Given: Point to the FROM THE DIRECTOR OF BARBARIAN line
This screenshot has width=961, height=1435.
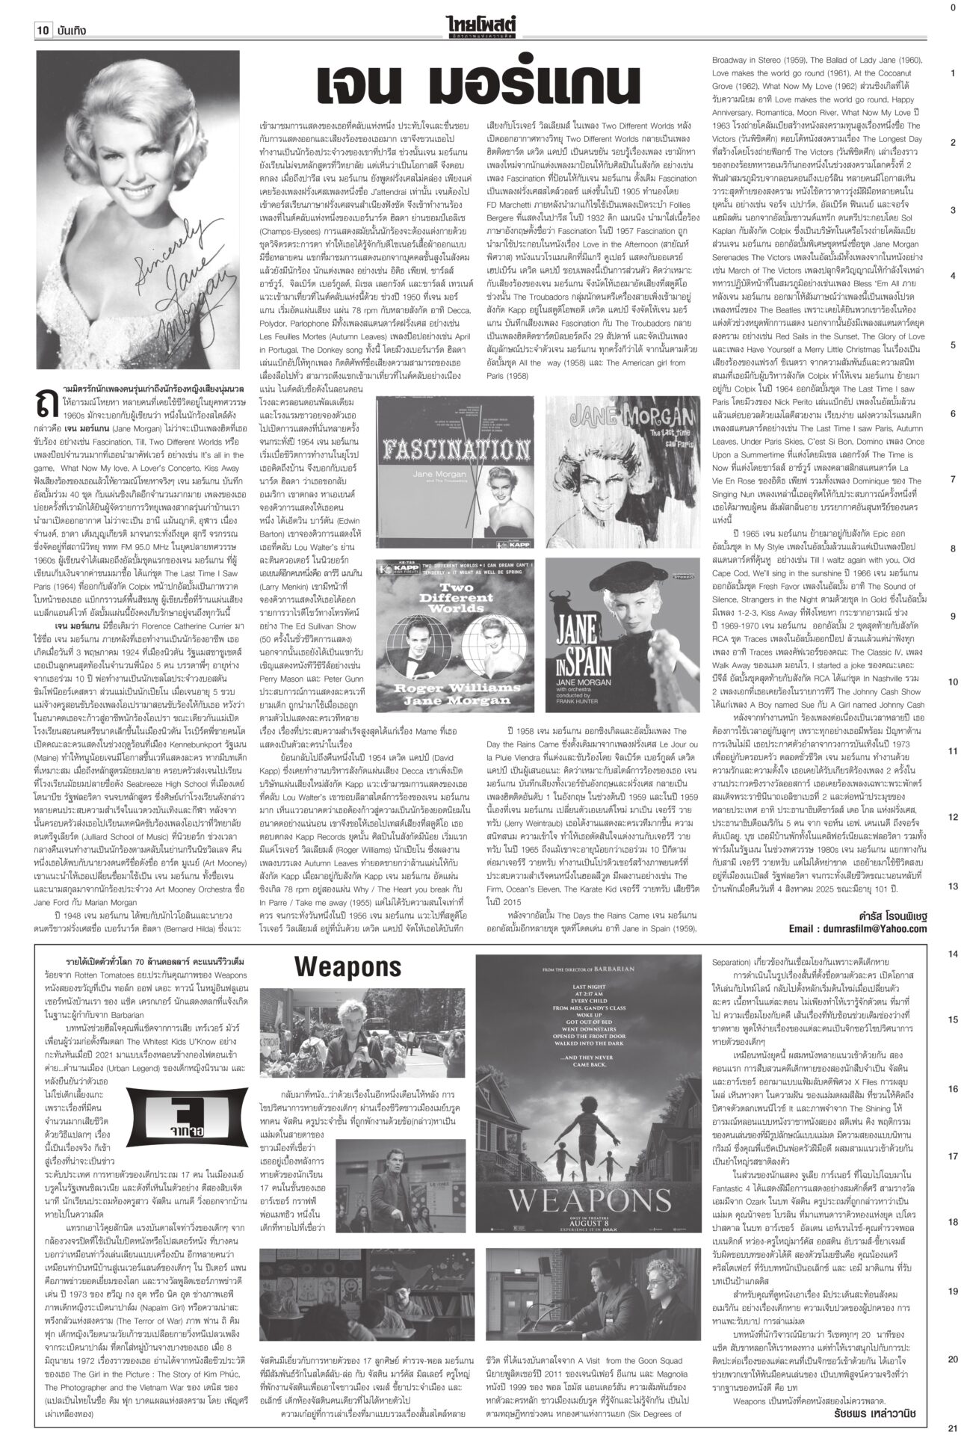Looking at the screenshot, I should pos(571,970).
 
